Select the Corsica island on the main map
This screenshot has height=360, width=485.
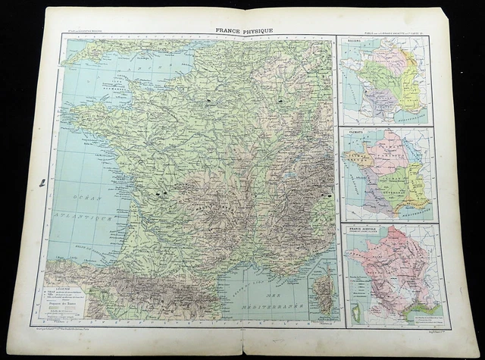(x=325, y=292)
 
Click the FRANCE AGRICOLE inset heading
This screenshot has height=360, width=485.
(x=363, y=227)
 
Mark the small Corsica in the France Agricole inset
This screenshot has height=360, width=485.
(x=352, y=307)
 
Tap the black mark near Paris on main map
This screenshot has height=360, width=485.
(x=209, y=99)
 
